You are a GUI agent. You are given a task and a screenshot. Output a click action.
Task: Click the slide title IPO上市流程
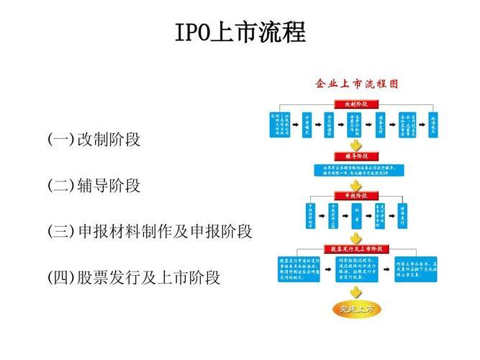(240, 33)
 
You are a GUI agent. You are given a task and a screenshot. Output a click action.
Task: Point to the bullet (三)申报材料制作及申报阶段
(150, 231)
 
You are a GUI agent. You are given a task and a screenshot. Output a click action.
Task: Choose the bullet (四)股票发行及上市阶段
(134, 277)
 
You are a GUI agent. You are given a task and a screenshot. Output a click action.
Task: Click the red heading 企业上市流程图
(356, 84)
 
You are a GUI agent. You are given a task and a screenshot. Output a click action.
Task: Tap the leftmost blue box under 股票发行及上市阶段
(298, 268)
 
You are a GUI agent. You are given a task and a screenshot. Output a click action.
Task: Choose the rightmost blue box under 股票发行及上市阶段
(417, 268)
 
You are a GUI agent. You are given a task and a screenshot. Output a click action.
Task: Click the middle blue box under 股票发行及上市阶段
(356, 268)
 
